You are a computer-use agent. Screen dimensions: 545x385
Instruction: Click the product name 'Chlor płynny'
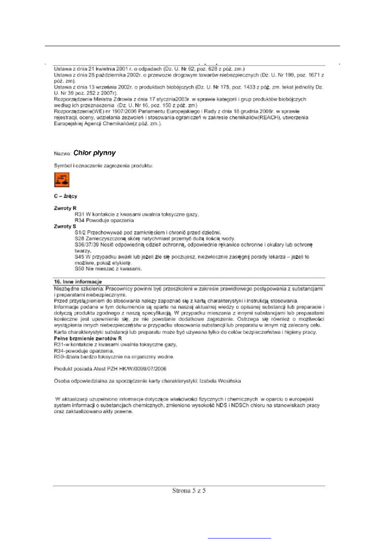coord(94,153)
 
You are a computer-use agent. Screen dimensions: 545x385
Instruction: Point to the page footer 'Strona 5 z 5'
coord(189,491)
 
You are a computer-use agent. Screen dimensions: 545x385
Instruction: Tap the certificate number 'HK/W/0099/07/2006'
coord(140,369)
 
